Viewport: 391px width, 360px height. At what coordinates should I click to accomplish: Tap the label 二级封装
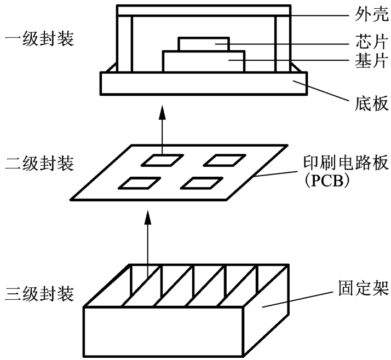(39, 163)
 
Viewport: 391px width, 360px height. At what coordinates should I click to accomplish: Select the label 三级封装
(39, 291)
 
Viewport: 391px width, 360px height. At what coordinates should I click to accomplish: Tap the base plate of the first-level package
(202, 84)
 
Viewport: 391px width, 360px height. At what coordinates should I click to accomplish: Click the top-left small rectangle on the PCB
(162, 160)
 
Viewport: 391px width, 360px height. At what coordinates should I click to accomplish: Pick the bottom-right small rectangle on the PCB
(202, 182)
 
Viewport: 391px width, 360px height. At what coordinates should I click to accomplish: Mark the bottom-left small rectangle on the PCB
(140, 183)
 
